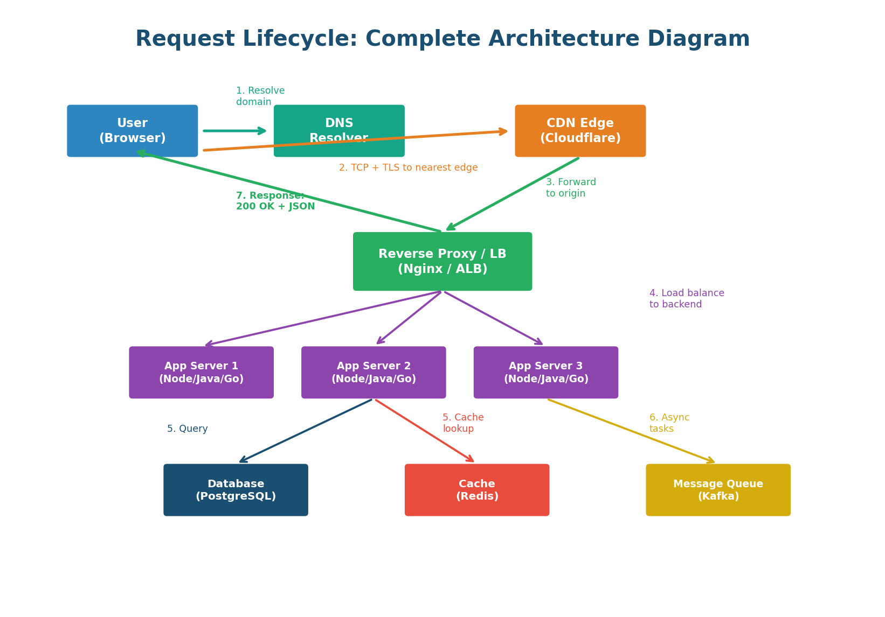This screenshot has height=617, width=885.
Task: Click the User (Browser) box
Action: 132,131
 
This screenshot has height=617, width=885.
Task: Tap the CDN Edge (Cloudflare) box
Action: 580,131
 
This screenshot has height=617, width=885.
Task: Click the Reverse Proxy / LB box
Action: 442,262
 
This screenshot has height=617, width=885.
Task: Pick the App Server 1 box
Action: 201,373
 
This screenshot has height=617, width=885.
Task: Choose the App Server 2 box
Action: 374,373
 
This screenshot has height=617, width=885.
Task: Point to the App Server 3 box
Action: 545,373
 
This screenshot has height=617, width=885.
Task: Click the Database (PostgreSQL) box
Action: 236,490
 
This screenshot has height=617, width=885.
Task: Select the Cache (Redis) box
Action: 476,490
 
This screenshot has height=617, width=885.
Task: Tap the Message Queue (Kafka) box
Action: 718,490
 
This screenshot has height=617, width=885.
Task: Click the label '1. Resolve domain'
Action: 260,96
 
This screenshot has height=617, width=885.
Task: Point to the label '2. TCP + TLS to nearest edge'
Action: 408,168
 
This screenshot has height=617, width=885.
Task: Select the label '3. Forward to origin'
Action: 570,188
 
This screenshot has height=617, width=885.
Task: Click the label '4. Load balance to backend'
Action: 686,299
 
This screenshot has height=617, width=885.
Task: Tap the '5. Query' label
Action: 187,429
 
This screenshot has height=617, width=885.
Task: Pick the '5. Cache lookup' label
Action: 462,423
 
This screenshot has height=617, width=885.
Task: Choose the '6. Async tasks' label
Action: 668,423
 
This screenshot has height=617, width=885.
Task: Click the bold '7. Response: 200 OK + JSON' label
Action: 275,201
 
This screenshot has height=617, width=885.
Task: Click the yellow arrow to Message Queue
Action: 631,431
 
